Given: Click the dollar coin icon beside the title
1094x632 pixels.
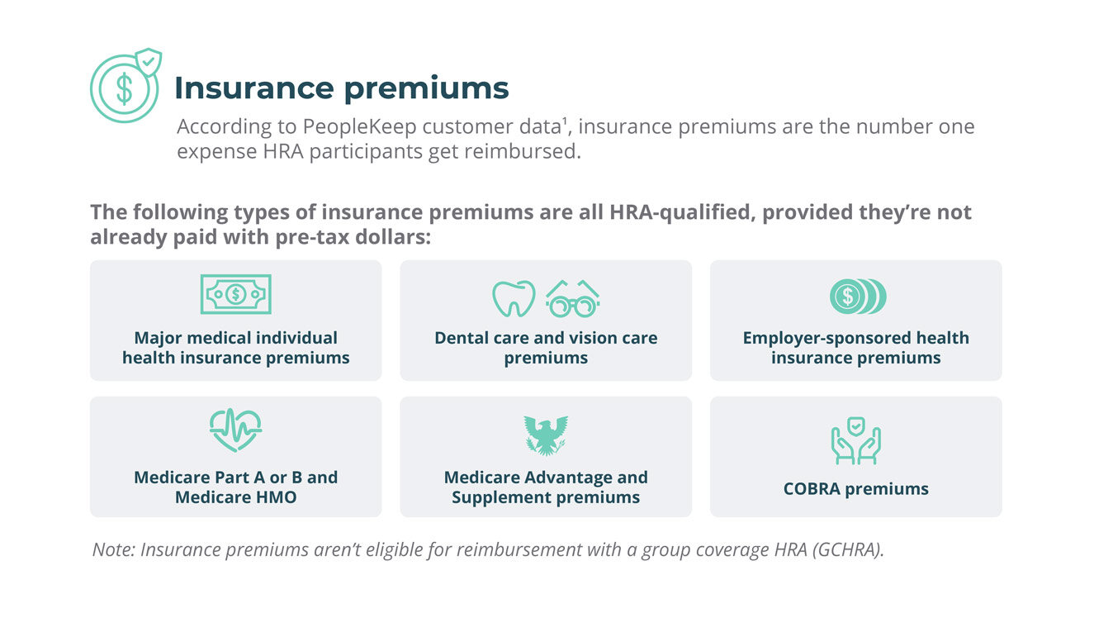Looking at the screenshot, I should pos(123,89).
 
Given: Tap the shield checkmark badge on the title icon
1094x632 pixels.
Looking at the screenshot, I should pos(149,62).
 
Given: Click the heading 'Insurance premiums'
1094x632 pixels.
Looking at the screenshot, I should pos(341,88).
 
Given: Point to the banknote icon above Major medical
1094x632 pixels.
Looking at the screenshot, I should pos(235,294).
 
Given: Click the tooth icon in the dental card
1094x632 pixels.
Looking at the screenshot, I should pos(514,298).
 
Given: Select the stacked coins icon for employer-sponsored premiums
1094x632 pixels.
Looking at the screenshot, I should pos(856,296).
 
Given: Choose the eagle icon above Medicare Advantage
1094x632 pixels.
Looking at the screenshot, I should pos(546,435).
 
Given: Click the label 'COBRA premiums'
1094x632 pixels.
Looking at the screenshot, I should pos(855,489).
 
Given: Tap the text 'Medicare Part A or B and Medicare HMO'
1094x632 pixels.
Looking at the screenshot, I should pos(235,487).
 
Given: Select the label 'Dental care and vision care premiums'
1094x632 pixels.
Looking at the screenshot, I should pos(546,348).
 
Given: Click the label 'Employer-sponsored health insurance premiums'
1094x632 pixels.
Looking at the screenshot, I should pos(855,348).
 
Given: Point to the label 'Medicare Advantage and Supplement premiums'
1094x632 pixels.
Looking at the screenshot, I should pos(546,487).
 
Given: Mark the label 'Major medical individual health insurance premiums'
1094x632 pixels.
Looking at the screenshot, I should pos(235,348).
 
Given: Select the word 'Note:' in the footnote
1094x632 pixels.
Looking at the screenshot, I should pos(114,550).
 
